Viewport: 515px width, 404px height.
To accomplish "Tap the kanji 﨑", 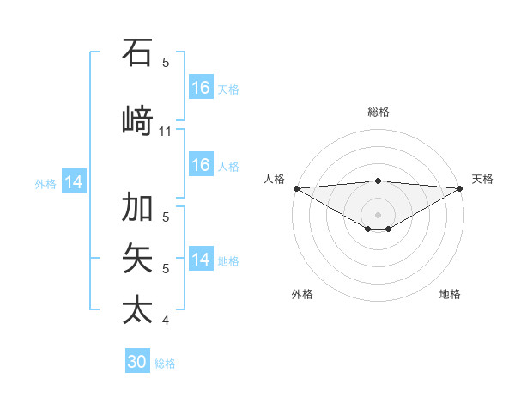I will click(x=137, y=119).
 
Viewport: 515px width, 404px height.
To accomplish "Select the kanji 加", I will click(x=137, y=207).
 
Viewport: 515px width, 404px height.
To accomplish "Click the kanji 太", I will click(x=137, y=309).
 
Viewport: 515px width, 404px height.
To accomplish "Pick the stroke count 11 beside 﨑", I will click(x=166, y=132).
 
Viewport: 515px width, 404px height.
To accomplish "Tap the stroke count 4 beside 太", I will click(x=166, y=321).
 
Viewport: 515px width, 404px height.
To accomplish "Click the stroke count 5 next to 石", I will click(x=166, y=63).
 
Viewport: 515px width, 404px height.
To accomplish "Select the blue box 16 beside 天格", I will click(x=201, y=88).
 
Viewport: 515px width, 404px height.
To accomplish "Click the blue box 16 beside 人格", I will click(x=201, y=165).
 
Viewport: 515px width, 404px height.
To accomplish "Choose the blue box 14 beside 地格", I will click(x=201, y=260).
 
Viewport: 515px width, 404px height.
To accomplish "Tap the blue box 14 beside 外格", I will click(x=74, y=182).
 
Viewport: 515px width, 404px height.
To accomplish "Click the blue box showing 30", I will click(x=137, y=362).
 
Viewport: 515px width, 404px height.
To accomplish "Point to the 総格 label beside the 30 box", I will click(x=165, y=364).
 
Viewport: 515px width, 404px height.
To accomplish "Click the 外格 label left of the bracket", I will click(x=45, y=183).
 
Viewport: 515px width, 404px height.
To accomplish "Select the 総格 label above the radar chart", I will click(x=379, y=112).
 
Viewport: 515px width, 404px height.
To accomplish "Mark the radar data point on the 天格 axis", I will click(x=460, y=188).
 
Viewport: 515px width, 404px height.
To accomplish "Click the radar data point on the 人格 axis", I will click(x=296, y=188).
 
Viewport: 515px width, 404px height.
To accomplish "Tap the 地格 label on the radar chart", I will click(x=450, y=294).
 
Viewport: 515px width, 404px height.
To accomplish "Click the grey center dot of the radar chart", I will click(x=379, y=214).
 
